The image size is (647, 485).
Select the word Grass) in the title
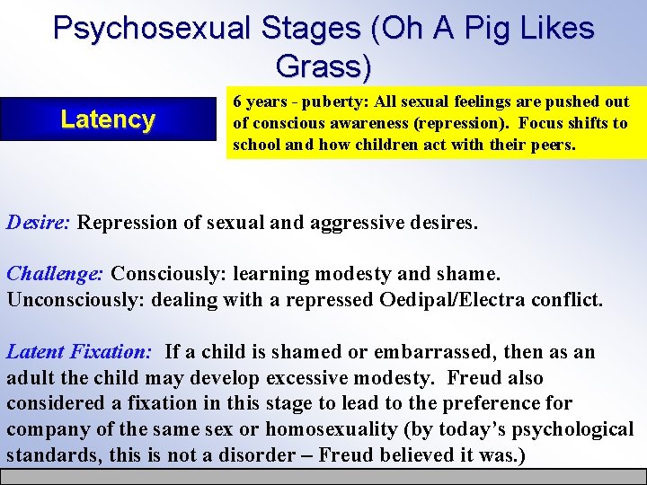click(x=323, y=66)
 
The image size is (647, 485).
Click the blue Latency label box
click(x=108, y=119)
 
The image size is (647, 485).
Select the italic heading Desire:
click(x=39, y=222)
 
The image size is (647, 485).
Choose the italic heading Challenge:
click(x=56, y=273)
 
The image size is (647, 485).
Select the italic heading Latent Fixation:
click(x=79, y=351)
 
